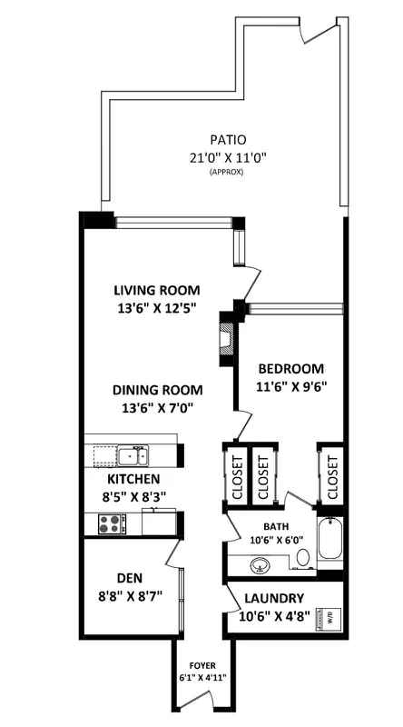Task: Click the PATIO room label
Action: pyautogui.click(x=228, y=140)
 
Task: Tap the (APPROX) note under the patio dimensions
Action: pyautogui.click(x=227, y=172)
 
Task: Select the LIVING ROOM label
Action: pyautogui.click(x=157, y=291)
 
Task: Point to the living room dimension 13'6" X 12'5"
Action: pyautogui.click(x=158, y=308)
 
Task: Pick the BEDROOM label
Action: pyautogui.click(x=290, y=369)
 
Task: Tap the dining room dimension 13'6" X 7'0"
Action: pyautogui.click(x=158, y=408)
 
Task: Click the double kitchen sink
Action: pyautogui.click(x=133, y=455)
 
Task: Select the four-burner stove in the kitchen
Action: pyautogui.click(x=110, y=524)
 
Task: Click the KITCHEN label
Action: pyautogui.click(x=133, y=479)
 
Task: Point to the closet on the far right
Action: pyautogui.click(x=331, y=474)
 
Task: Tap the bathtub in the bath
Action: pyautogui.click(x=330, y=539)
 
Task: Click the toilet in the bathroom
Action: pyautogui.click(x=303, y=557)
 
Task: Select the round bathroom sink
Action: pyautogui.click(x=260, y=564)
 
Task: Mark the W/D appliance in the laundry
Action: pyautogui.click(x=329, y=618)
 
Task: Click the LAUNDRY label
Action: pyautogui.click(x=274, y=599)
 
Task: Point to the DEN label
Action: pyautogui.click(x=130, y=578)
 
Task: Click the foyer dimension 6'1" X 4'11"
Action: pyautogui.click(x=203, y=677)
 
